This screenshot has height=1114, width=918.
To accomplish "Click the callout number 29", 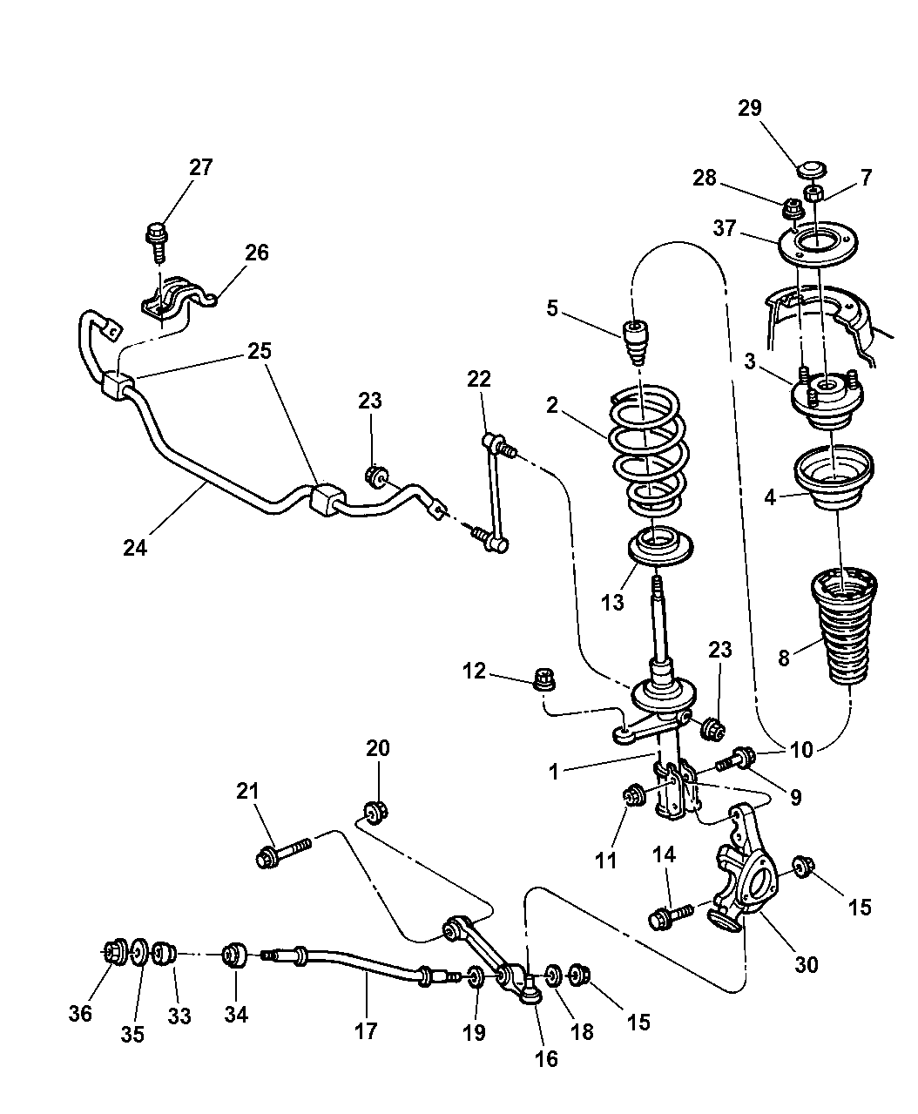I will click(749, 108).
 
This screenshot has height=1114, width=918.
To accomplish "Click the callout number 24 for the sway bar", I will click(135, 548).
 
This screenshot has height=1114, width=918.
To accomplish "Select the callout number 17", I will click(366, 1030).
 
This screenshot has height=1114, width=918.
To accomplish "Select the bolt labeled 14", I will click(672, 915).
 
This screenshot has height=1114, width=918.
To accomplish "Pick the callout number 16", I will click(546, 1058).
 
